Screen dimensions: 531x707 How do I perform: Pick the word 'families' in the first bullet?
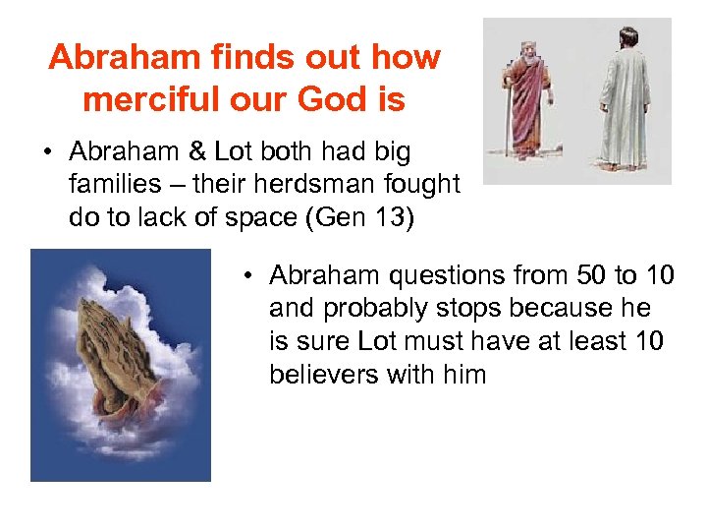pyautogui.click(x=112, y=184)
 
